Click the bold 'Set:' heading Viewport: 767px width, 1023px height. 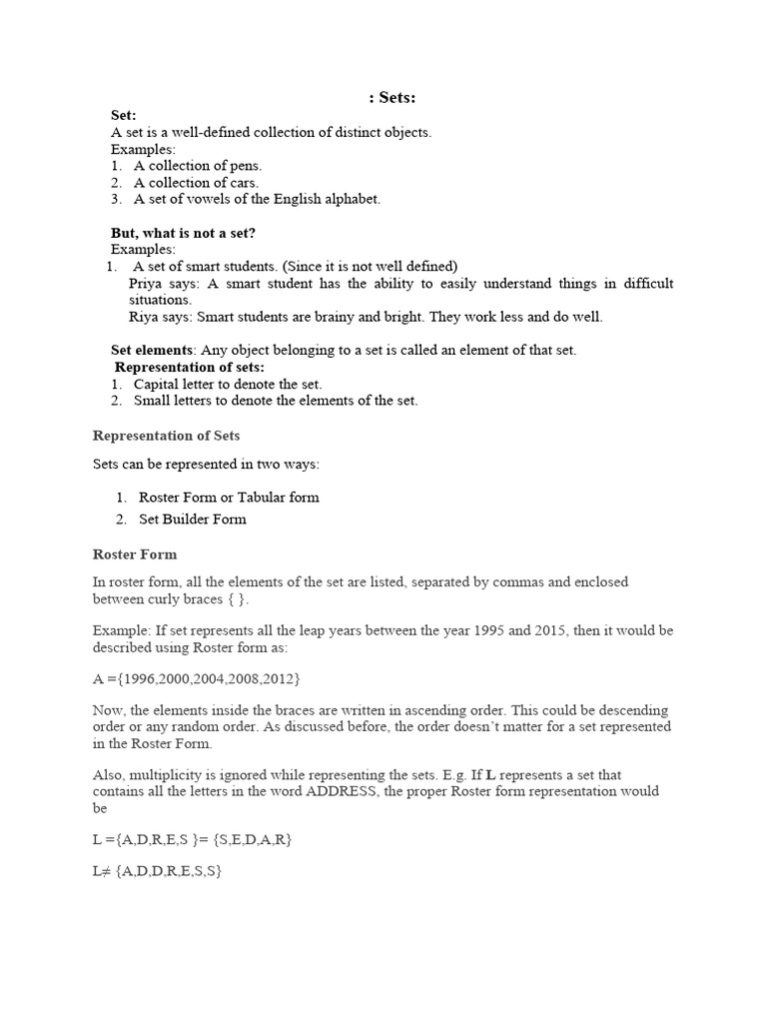124,115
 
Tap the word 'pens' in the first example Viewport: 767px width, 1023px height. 244,166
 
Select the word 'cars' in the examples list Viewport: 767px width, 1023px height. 242,183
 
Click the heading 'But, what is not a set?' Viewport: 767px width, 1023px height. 183,233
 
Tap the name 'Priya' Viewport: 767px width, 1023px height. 147,284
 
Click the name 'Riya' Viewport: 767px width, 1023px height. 145,317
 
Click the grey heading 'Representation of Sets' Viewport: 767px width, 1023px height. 166,436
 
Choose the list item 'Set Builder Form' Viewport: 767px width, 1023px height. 192,518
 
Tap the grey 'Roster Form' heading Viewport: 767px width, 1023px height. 135,553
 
